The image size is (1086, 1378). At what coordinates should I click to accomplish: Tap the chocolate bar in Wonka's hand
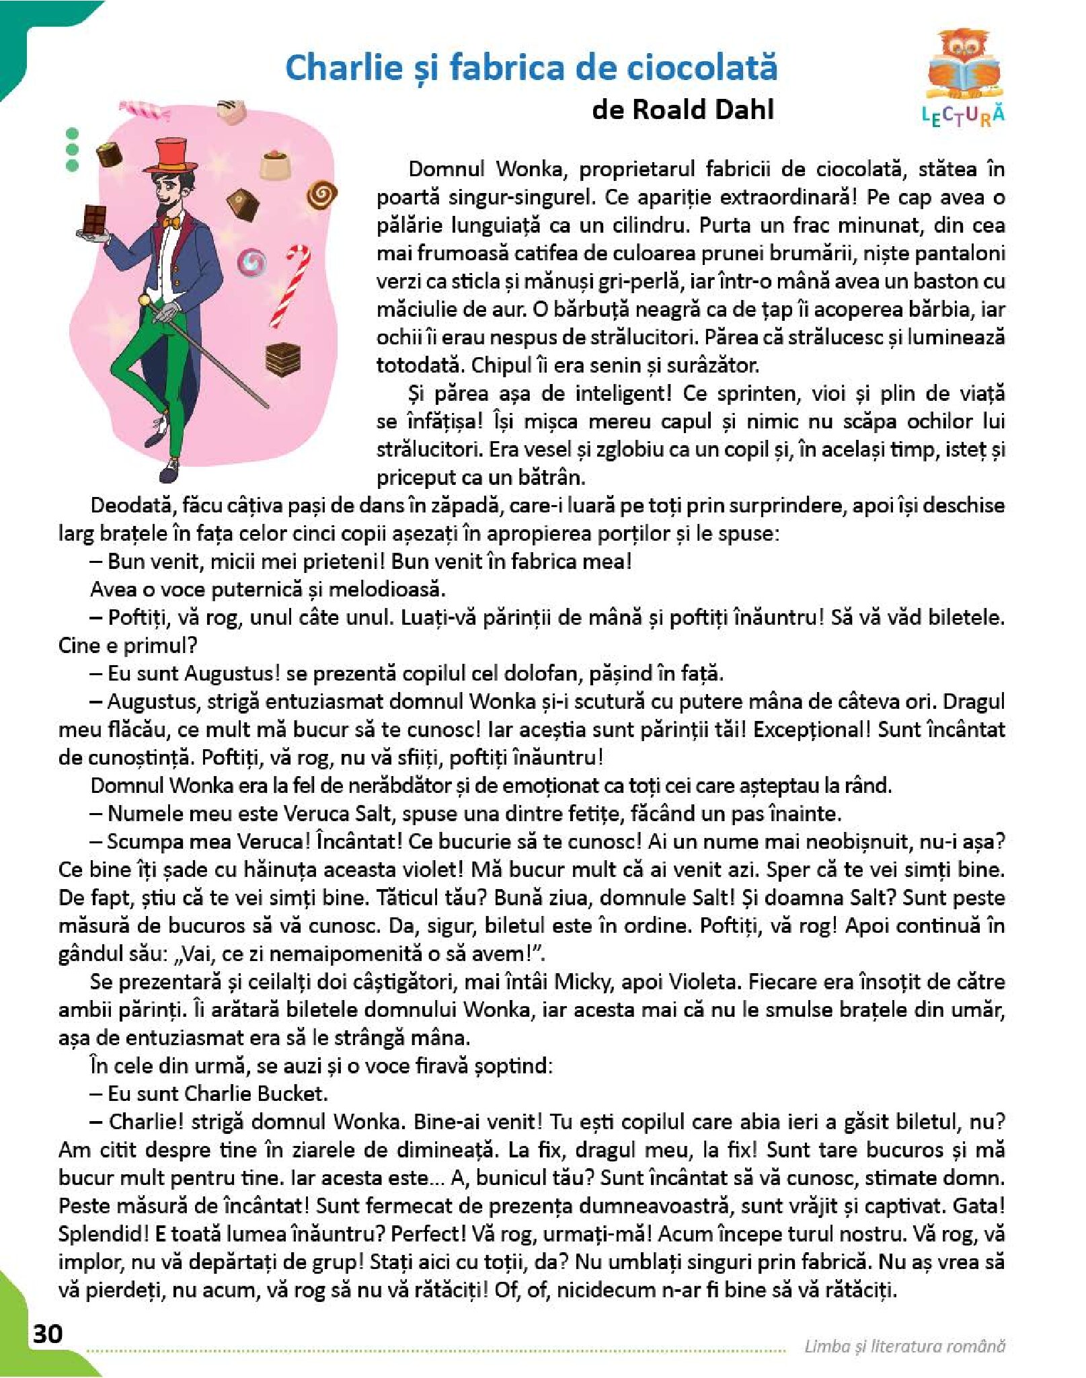coord(95,219)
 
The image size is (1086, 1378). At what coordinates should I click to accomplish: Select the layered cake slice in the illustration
coord(282,358)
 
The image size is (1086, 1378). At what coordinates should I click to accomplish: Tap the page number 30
coord(48,1333)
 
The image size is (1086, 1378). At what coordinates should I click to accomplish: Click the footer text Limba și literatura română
coord(904,1346)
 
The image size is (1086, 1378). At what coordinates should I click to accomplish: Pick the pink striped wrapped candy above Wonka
coord(144,110)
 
